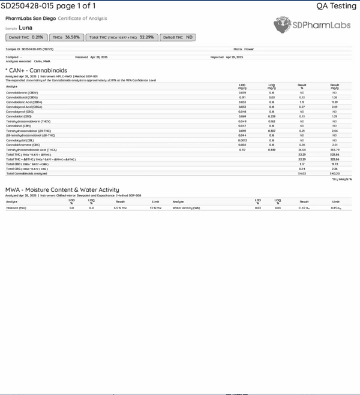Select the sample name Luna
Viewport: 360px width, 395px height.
point(26,28)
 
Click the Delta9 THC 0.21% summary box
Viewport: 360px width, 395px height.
point(25,37)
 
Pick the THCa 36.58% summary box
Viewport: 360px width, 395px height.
point(65,37)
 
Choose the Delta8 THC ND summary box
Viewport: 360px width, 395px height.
point(178,37)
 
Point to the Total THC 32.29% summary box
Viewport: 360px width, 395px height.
point(122,37)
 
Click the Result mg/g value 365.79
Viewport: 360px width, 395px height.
point(334,150)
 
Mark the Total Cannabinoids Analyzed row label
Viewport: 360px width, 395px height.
point(26,173)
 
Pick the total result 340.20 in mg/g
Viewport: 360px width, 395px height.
point(334,173)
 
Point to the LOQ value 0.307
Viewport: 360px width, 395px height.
point(272,131)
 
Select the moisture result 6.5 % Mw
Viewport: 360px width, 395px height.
point(120,208)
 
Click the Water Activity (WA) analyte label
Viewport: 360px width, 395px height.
point(186,208)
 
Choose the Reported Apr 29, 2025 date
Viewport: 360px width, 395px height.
point(227,57)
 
